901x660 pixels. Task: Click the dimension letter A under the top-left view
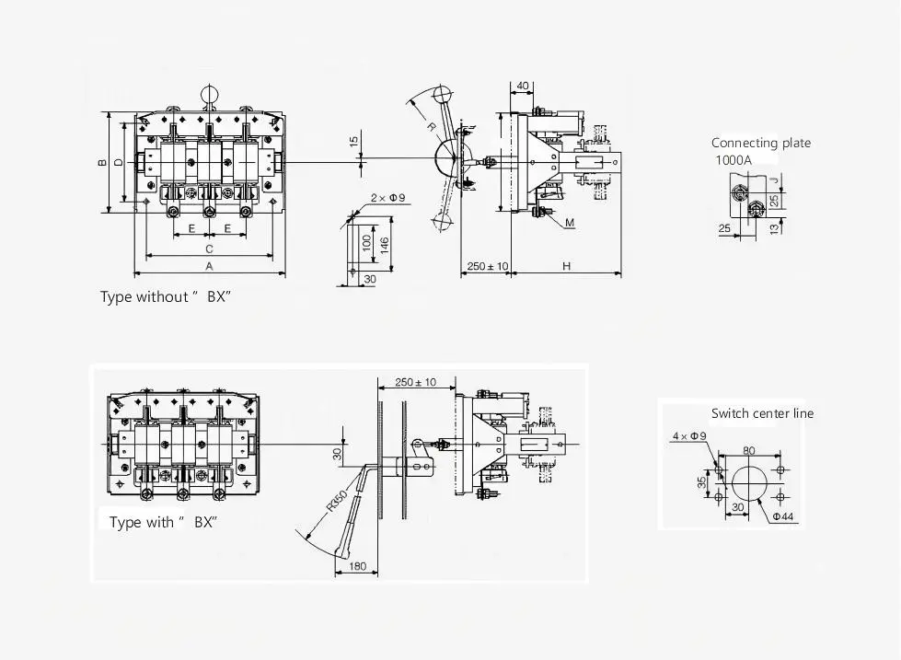coord(209,266)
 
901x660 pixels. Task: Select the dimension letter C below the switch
coord(209,249)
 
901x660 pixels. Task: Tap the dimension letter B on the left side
coord(102,163)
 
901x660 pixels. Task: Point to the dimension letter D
coord(118,163)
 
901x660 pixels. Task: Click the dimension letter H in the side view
coord(567,266)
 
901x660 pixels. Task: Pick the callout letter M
coord(570,223)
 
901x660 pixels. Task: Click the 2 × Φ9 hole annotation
coord(387,198)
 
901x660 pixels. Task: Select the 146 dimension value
coord(385,245)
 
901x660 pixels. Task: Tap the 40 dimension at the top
coord(523,86)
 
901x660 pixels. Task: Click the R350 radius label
coord(337,500)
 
